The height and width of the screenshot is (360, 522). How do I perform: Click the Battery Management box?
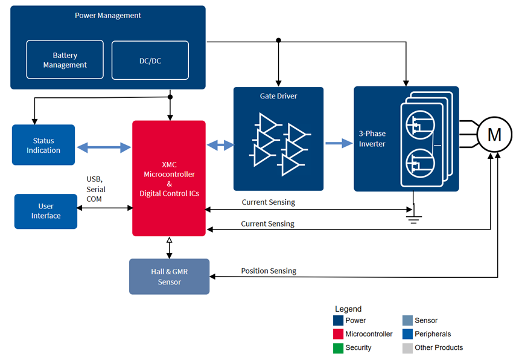point(65,60)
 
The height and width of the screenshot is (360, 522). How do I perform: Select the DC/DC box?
point(150,60)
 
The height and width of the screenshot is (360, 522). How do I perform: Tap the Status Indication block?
point(43,145)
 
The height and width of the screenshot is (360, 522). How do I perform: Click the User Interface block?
point(46,211)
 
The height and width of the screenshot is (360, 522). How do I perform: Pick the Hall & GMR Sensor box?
point(169,277)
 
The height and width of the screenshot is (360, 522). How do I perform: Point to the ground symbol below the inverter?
point(413,218)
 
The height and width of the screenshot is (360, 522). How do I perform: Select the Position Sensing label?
point(269,271)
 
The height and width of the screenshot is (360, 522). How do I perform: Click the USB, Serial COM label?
point(96,189)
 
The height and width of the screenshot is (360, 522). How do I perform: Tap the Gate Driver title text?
point(278,96)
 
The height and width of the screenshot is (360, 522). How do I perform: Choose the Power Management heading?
point(108,16)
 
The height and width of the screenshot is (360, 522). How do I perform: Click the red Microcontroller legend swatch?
point(338,334)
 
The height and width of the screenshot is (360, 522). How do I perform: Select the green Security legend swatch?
point(338,348)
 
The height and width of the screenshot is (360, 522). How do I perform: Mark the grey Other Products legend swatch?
point(407,348)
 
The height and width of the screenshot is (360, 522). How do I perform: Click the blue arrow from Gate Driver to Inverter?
point(339,143)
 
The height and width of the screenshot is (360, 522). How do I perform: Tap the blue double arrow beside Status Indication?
point(104,147)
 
